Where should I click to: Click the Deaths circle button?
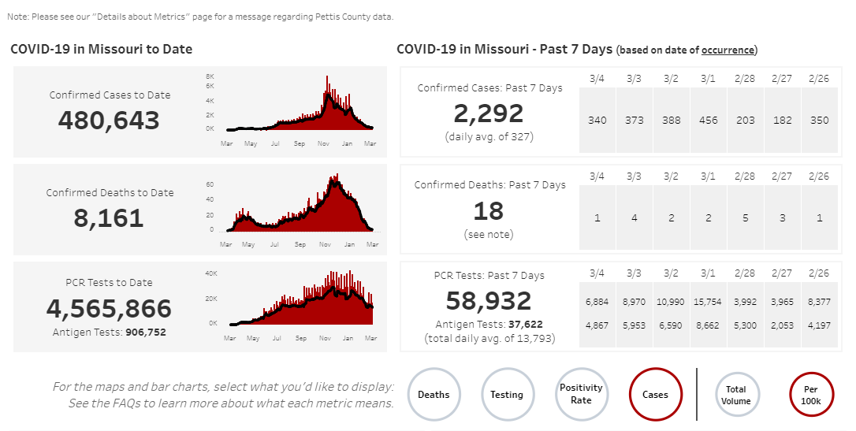434,395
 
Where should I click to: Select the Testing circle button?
507,395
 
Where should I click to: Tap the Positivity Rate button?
581,393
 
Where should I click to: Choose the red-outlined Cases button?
655,395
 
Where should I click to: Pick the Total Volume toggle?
736,395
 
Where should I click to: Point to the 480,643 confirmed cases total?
109,121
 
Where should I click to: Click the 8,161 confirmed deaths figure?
109,217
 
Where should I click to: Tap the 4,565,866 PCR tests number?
109,307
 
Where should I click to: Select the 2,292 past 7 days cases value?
489,113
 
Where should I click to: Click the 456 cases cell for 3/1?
709,121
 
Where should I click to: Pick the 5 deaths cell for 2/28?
746,218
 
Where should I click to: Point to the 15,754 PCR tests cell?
709,302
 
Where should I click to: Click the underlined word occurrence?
728,50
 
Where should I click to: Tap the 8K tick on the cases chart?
210,76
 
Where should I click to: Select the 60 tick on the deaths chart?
210,184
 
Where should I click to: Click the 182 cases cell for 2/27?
783,121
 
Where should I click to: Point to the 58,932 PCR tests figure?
489,300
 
